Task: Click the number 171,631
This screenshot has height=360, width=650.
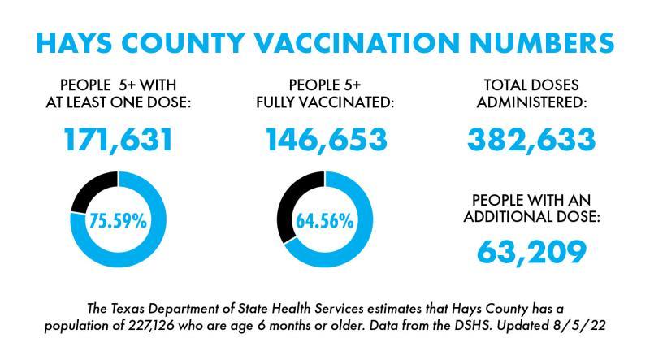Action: tap(119, 141)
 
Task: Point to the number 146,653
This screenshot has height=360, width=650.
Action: tap(326, 141)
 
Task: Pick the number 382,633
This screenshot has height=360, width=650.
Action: tap(531, 141)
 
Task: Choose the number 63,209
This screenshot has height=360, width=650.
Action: tap(531, 251)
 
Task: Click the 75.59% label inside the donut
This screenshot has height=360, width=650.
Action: tap(119, 221)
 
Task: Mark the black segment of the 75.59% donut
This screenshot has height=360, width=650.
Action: tap(89, 192)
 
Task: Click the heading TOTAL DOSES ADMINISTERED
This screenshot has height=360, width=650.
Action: tap(531, 93)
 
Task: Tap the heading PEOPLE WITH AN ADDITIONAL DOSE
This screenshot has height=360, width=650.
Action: tap(531, 210)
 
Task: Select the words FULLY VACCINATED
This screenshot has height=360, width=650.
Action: tap(326, 103)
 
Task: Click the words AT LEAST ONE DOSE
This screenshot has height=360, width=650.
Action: tap(119, 103)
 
